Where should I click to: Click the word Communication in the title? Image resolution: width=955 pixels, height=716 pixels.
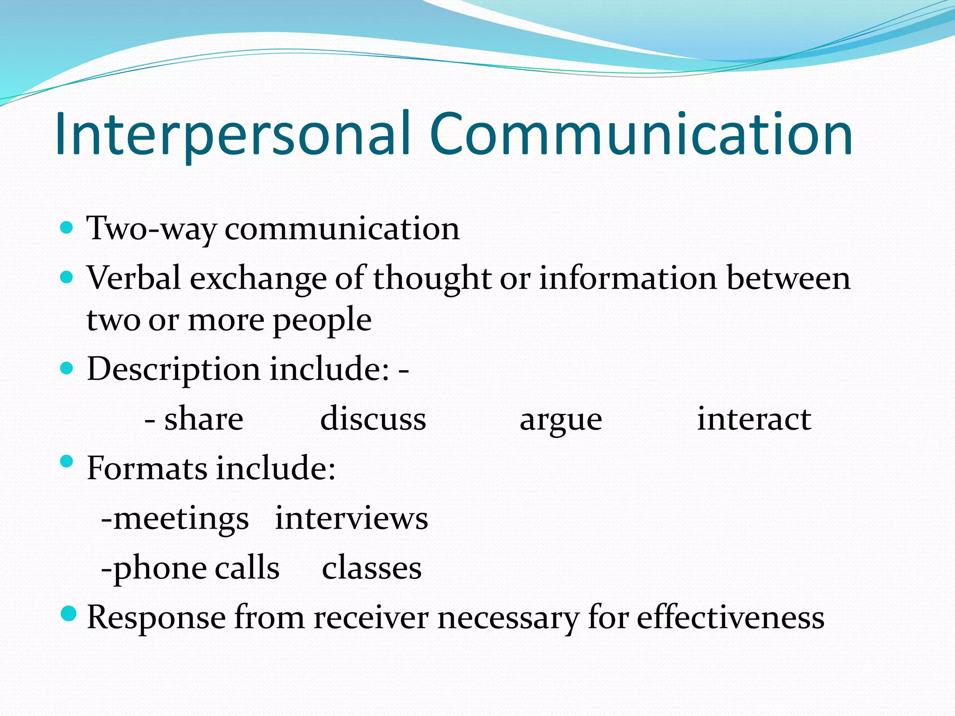[641, 135]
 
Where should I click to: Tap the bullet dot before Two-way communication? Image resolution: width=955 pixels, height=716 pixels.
[67, 228]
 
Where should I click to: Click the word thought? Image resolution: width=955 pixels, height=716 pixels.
[432, 278]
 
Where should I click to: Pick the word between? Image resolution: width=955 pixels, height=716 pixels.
[789, 278]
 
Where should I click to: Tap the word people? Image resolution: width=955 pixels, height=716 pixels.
[322, 321]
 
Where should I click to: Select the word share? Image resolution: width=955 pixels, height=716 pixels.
[204, 419]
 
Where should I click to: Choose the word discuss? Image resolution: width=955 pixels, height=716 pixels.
[373, 419]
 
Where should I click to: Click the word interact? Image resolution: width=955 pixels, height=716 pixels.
[754, 419]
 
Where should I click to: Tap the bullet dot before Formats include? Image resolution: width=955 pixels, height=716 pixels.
[67, 461]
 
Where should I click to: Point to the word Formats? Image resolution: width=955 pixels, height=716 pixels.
[146, 468]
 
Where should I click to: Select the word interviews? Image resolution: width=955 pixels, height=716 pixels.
[351, 518]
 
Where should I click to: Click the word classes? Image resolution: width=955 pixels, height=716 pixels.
[372, 568]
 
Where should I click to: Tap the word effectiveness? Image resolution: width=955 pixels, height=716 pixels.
[731, 618]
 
